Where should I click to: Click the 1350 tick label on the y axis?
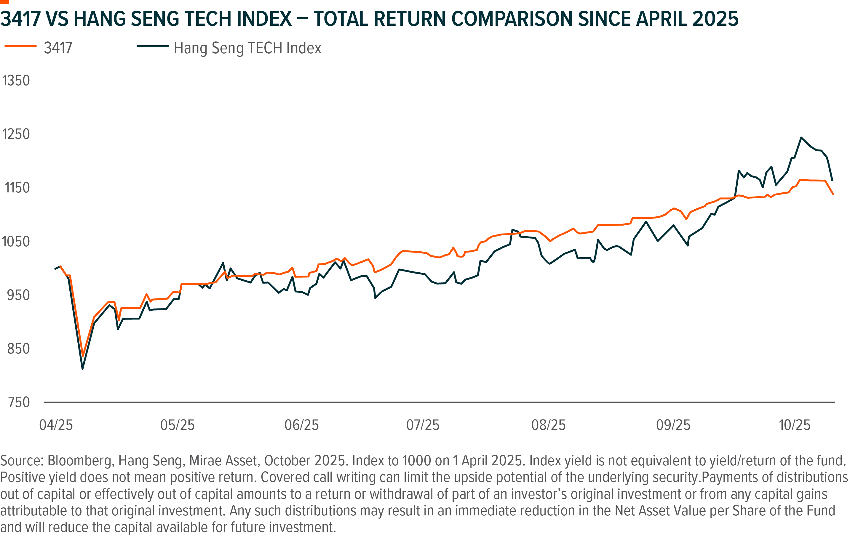tap(16, 81)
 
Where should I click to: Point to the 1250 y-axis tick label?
tap(16, 134)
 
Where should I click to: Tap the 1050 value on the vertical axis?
tap(16, 242)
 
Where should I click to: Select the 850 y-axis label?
tap(18, 349)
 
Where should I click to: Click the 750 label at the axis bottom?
tap(19, 402)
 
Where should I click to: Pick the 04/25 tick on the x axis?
tap(56, 425)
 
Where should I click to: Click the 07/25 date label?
tap(423, 425)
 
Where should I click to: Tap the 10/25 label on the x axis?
tap(795, 425)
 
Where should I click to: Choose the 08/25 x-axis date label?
tap(549, 425)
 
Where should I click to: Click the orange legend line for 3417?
tap(20, 46)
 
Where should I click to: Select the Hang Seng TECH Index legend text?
tap(247, 48)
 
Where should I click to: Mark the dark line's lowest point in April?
tap(83, 369)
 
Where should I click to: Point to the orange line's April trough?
tap(83, 356)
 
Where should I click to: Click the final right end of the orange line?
tap(833, 194)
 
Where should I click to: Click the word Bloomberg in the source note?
tap(81, 461)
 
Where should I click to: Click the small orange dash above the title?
tap(4, 2)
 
